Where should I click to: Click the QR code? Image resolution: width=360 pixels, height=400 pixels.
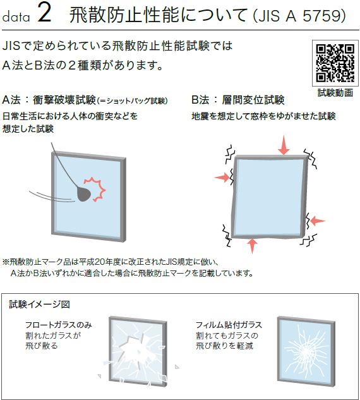coord(335,63)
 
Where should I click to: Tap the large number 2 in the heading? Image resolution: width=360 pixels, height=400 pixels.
coord(44,13)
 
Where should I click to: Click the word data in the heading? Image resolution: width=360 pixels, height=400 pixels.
coord(16,17)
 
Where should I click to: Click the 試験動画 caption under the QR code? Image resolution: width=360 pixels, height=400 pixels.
coord(335,93)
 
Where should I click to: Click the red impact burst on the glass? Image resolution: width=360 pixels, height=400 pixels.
coord(96,189)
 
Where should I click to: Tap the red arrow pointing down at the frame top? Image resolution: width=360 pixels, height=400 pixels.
coord(284,145)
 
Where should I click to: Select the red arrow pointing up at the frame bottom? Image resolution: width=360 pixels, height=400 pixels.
coord(252,245)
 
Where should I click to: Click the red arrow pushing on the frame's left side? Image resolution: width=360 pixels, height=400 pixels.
coord(222,177)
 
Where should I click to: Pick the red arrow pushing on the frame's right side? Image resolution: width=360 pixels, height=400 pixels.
coord(317,221)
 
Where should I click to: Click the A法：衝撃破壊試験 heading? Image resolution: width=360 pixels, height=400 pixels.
coord(49,100)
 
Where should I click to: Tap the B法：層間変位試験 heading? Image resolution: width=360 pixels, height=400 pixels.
coord(238,100)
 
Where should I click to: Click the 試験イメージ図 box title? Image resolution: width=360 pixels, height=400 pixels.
coord(40,305)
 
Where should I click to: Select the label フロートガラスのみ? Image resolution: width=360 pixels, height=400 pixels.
coord(58,325)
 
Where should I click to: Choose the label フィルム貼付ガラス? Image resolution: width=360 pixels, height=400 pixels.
coord(229,325)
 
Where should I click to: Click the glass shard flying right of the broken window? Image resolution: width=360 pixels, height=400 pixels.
coord(177,367)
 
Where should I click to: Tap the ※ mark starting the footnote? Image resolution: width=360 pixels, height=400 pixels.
coord(6,262)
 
